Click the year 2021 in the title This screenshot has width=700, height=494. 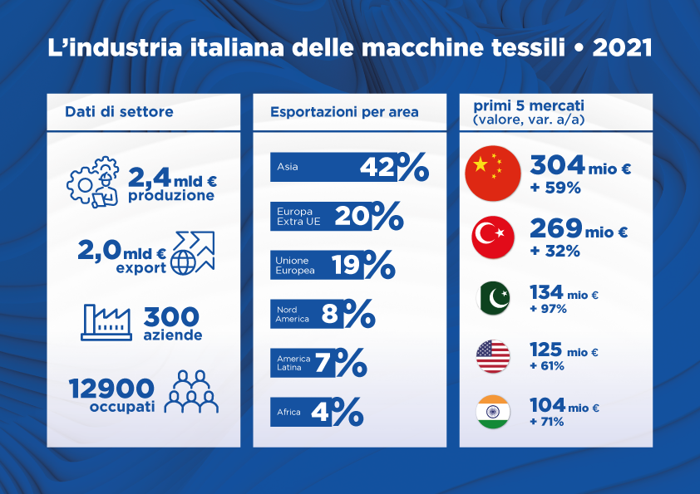click(x=622, y=47)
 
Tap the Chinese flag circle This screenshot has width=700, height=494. click(x=493, y=174)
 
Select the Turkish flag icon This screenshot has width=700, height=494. click(x=493, y=237)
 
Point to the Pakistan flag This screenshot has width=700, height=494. click(x=493, y=298)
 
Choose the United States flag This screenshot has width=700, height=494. click(x=493, y=356)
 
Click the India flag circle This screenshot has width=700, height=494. click(x=493, y=412)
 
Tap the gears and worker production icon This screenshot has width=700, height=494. click(x=93, y=182)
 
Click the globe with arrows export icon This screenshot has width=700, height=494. click(x=193, y=252)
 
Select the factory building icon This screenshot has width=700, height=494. click(x=106, y=322)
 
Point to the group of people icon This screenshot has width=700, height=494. click(x=191, y=391)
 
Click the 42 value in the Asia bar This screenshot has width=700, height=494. click(x=377, y=167)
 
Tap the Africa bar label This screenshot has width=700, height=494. click(x=288, y=412)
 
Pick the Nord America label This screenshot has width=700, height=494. click(x=293, y=315)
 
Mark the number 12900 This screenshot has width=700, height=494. click(x=111, y=389)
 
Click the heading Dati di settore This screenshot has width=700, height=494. click(x=119, y=111)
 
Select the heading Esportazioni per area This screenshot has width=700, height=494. click(x=344, y=112)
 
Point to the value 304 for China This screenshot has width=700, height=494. click(x=557, y=164)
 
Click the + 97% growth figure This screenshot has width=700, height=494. click(x=548, y=309)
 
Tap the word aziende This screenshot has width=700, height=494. click(x=173, y=335)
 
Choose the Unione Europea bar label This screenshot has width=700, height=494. click(x=295, y=266)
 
